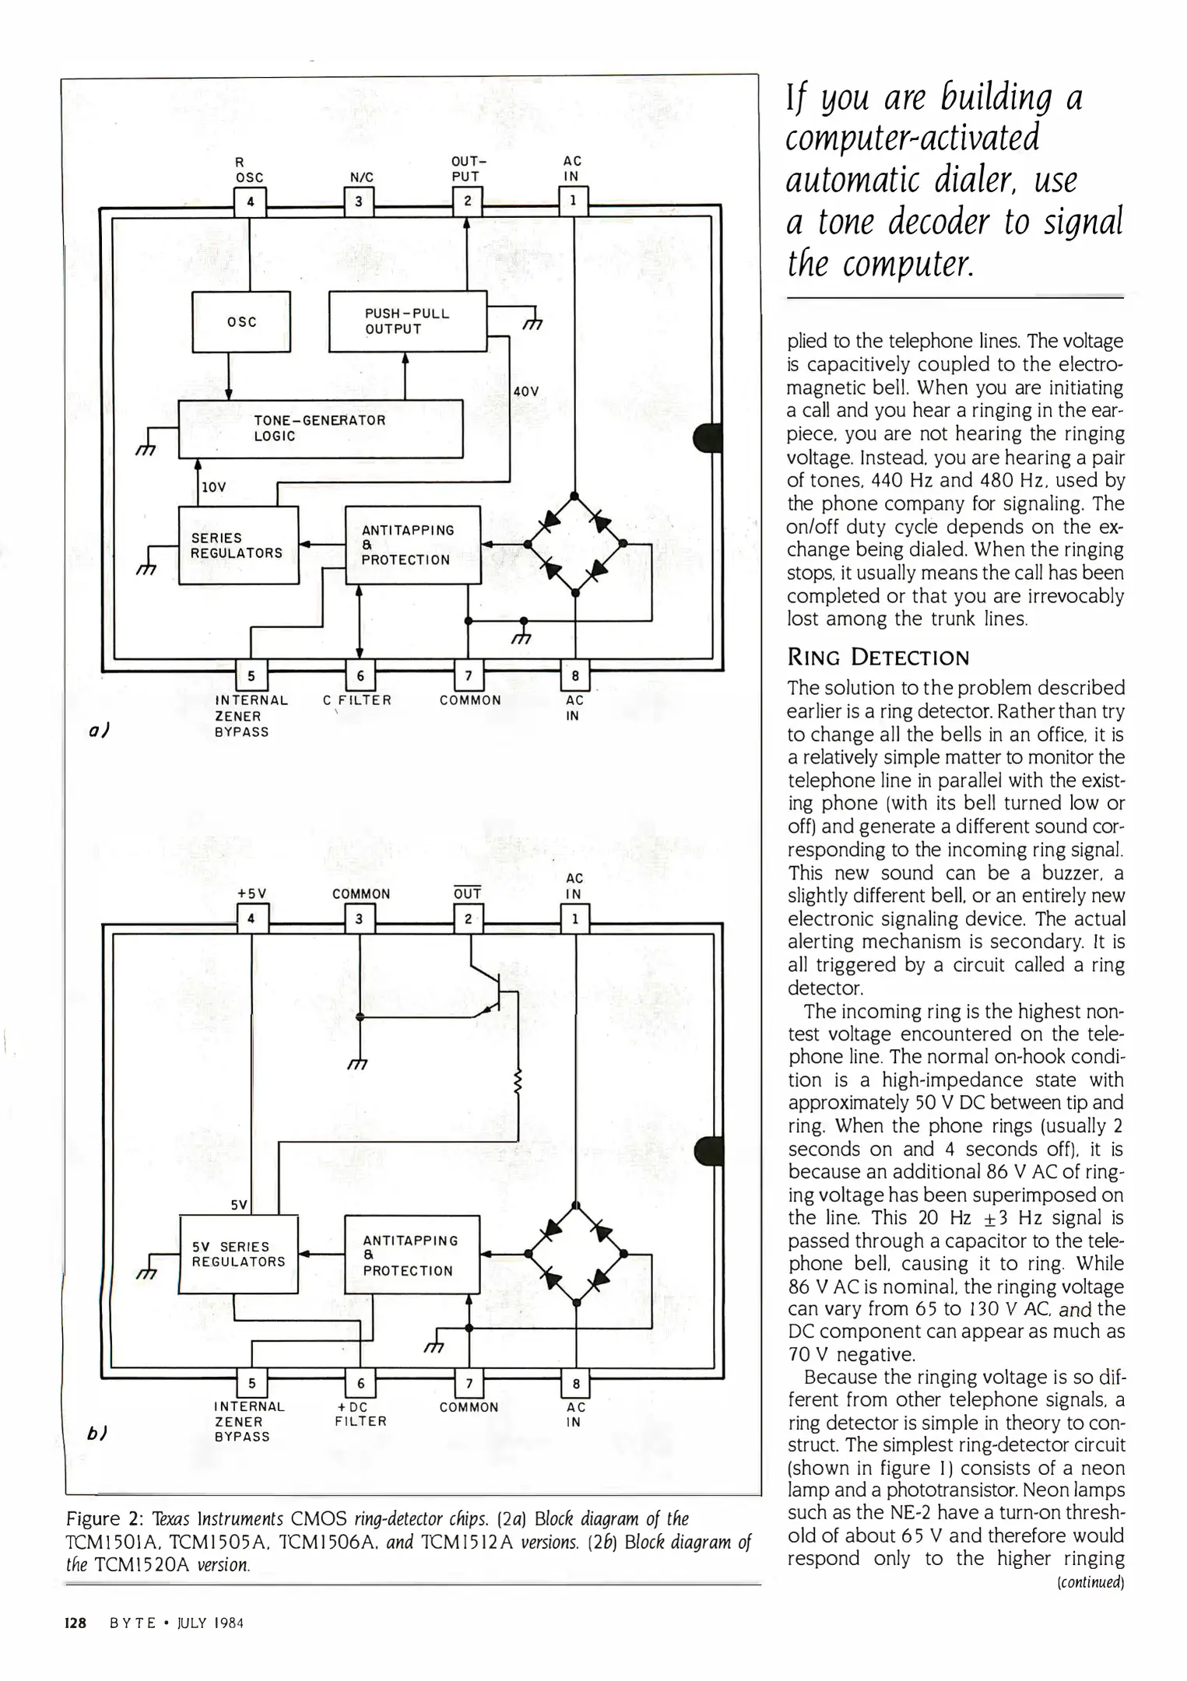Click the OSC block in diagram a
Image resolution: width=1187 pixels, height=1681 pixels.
(241, 321)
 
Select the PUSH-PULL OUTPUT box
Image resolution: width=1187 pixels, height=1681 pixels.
(407, 321)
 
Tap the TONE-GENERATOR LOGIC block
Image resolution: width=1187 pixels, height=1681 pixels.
(321, 429)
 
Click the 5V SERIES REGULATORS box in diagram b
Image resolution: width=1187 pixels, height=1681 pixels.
(238, 1254)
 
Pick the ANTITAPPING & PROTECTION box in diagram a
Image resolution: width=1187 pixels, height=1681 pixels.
(413, 545)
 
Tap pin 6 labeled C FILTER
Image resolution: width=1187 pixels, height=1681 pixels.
(360, 676)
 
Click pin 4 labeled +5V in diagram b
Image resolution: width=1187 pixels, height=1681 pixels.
(251, 918)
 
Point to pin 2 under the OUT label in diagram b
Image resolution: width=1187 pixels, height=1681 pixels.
(468, 918)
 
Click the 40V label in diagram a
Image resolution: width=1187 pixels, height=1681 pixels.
(527, 391)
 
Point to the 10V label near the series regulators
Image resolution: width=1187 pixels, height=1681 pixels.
(213, 487)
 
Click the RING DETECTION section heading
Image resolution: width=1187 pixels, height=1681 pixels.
(878, 658)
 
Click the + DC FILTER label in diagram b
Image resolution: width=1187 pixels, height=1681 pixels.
(360, 1414)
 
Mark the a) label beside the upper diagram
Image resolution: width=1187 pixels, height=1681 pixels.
(97, 731)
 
